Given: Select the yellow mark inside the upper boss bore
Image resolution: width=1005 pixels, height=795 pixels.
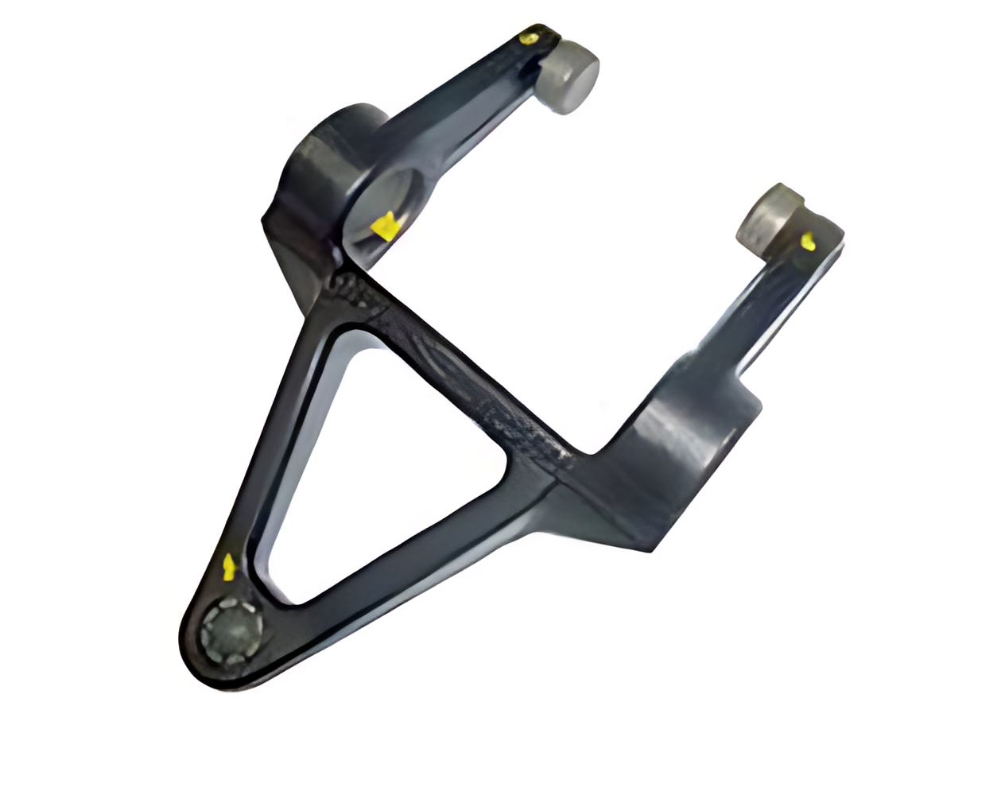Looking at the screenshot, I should (385, 226).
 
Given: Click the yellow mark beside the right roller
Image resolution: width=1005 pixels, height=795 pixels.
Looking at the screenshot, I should (808, 240).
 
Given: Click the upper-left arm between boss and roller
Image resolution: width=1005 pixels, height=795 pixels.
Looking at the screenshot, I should (461, 95).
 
